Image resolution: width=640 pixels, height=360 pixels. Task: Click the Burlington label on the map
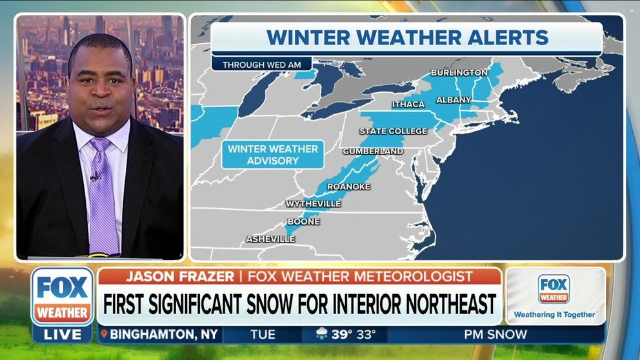(x=459, y=72)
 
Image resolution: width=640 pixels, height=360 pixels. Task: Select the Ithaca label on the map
(x=408, y=105)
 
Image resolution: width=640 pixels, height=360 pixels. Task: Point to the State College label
(x=393, y=131)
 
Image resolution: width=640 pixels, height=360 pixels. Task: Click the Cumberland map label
(x=373, y=151)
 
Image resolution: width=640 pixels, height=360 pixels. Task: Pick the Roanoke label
(x=349, y=186)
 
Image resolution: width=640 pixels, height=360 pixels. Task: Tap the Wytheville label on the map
(x=313, y=204)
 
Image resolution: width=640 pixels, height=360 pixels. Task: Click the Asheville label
(x=270, y=239)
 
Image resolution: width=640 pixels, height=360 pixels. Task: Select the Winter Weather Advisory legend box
(x=273, y=154)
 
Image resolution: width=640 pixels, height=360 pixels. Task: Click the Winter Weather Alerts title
(x=407, y=37)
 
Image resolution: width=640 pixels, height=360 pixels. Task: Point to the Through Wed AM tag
(x=261, y=65)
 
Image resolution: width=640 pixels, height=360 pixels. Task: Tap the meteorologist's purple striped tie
(x=102, y=197)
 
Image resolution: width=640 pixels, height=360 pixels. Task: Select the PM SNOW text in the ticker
(x=495, y=335)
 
